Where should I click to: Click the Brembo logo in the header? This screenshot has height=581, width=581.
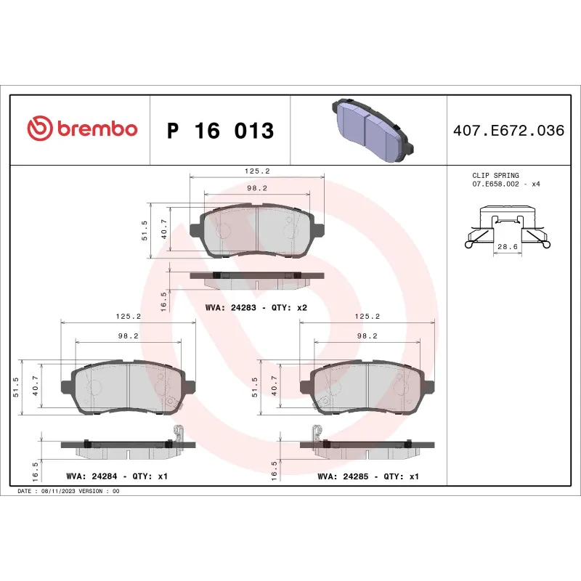point(82,129)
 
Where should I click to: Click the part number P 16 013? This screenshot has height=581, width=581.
point(220,131)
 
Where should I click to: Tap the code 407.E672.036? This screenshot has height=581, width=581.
point(508,131)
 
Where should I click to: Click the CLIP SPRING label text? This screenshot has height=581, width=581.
point(495,176)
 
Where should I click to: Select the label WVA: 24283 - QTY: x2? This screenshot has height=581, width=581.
point(256,308)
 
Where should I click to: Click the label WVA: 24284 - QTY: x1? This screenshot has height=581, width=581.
point(117,477)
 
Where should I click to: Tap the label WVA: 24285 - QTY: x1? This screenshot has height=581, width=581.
point(368,477)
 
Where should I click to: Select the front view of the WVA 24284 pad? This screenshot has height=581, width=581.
point(128,385)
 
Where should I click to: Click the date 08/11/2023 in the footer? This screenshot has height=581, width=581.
point(57,491)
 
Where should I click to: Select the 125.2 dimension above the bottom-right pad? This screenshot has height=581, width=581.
point(367,317)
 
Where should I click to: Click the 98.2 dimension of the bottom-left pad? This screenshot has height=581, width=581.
point(128,336)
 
